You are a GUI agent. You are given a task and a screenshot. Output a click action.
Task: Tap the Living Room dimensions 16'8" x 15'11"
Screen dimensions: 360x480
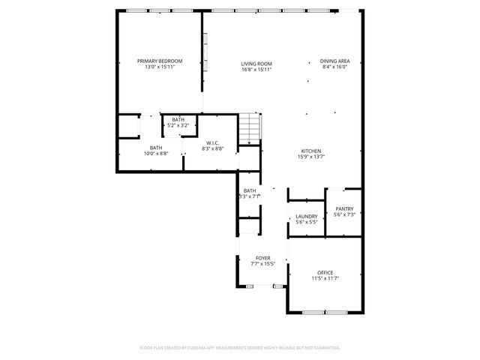coord(256,70)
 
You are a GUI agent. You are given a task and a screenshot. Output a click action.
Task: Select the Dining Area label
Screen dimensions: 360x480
coord(334,61)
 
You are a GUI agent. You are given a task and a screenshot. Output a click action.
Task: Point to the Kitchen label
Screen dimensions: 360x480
coord(311,150)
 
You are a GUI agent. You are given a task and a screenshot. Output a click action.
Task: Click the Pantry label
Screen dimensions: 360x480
coord(344,209)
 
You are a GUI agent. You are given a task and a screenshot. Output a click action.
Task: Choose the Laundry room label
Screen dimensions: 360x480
coord(306,216)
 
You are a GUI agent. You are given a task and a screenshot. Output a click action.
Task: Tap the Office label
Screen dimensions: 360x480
coord(325,272)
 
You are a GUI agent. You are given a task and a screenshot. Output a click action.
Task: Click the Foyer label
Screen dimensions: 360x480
coord(262,258)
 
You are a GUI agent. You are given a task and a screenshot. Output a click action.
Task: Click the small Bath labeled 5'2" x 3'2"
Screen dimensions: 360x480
coord(178,120)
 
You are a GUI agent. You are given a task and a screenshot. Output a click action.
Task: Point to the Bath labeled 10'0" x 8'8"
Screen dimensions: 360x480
coord(156,148)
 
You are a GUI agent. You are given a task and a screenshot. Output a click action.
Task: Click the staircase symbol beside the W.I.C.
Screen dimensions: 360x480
coord(250,128)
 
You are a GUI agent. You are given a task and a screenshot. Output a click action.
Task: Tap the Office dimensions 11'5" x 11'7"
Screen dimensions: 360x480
coord(325,279)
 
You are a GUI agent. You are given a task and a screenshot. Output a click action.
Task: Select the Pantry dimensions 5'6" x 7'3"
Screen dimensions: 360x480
coord(344,215)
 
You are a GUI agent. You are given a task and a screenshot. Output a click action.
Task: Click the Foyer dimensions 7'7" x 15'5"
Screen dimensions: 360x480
coord(262,264)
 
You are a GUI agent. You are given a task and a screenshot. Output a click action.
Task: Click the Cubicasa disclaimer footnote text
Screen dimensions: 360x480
coord(240,348)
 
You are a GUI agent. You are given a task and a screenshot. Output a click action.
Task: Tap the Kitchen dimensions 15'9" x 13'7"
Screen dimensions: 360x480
coord(311,157)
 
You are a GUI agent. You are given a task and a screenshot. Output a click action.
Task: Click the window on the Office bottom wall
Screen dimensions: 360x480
coord(325,312)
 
